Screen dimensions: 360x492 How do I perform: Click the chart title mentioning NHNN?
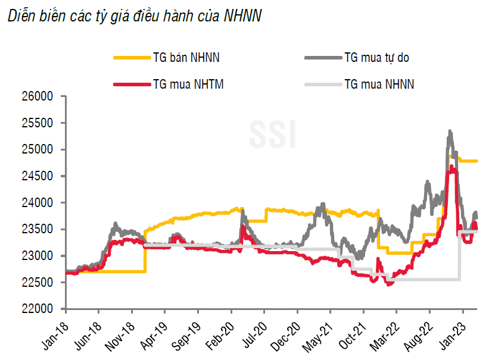[x=134, y=16]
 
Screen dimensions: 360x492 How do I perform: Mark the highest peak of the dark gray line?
[x=450, y=132]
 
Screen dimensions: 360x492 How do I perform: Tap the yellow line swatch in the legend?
[x=130, y=58]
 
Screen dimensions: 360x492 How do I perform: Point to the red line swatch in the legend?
[x=130, y=84]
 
